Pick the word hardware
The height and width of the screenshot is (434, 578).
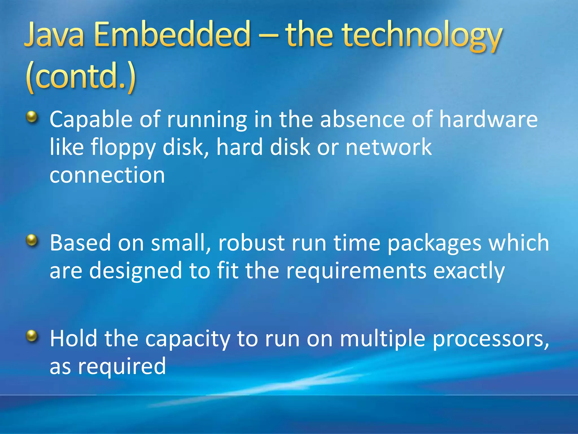click(x=488, y=119)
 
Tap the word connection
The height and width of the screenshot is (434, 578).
click(x=107, y=175)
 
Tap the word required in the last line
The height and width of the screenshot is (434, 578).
click(x=122, y=367)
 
